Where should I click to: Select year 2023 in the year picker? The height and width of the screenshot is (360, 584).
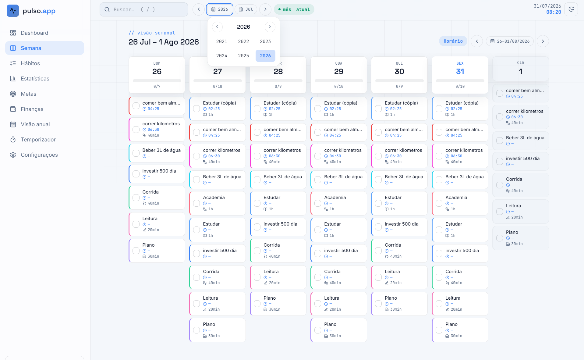pos(265,41)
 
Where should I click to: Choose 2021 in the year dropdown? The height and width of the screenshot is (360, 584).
pos(222,41)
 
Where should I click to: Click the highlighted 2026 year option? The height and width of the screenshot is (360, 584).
pos(265,56)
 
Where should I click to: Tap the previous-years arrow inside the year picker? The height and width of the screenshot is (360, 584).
pos(217,27)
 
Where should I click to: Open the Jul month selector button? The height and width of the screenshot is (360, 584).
pos(246,9)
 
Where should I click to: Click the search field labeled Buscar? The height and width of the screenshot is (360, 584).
pos(144,9)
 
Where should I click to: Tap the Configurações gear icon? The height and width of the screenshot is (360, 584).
pos(13,155)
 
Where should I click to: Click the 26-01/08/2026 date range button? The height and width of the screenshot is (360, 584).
pos(510,41)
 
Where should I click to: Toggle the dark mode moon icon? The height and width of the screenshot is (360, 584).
pos(571,9)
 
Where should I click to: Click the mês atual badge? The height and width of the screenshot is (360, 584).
pos(294,9)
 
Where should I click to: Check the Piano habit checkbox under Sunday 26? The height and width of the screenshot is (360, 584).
pos(136,251)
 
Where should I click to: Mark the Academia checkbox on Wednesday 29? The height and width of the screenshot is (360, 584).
pos(318,203)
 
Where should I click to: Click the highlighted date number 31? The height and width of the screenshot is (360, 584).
pos(460,72)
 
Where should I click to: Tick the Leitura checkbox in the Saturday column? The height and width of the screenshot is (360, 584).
pos(500,212)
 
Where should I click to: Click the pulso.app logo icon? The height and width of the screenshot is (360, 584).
pos(13,11)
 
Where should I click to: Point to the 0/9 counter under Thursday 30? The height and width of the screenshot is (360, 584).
pos(399,87)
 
